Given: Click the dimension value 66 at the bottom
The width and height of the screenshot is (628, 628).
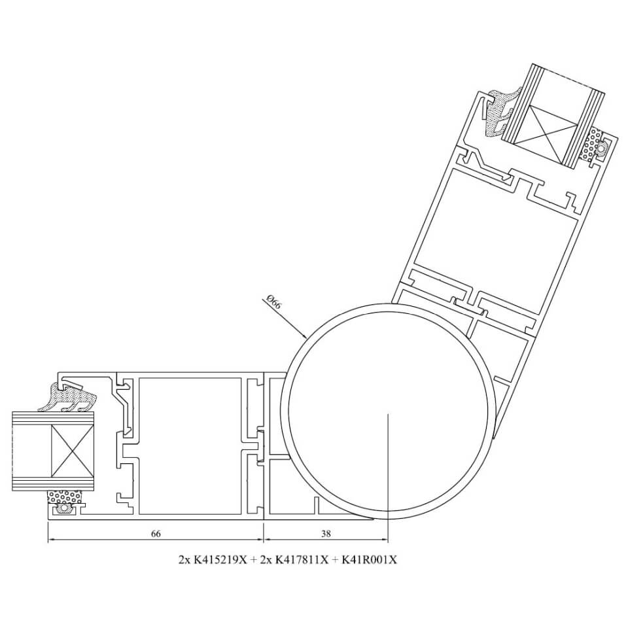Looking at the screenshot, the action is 156,534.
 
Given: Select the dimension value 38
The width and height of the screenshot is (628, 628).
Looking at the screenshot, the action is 326,534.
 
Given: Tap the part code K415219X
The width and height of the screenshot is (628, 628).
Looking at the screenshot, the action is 220,559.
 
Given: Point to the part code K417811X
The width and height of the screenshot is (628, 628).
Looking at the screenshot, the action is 302,559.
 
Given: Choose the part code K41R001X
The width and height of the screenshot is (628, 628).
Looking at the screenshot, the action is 369,559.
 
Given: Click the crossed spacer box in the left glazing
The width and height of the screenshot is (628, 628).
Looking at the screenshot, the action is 73,451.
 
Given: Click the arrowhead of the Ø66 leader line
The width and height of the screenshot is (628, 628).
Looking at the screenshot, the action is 304,336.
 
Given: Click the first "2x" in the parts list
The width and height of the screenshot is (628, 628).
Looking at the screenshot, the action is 184,559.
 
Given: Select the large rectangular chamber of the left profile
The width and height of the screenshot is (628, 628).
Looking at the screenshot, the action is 190,445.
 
